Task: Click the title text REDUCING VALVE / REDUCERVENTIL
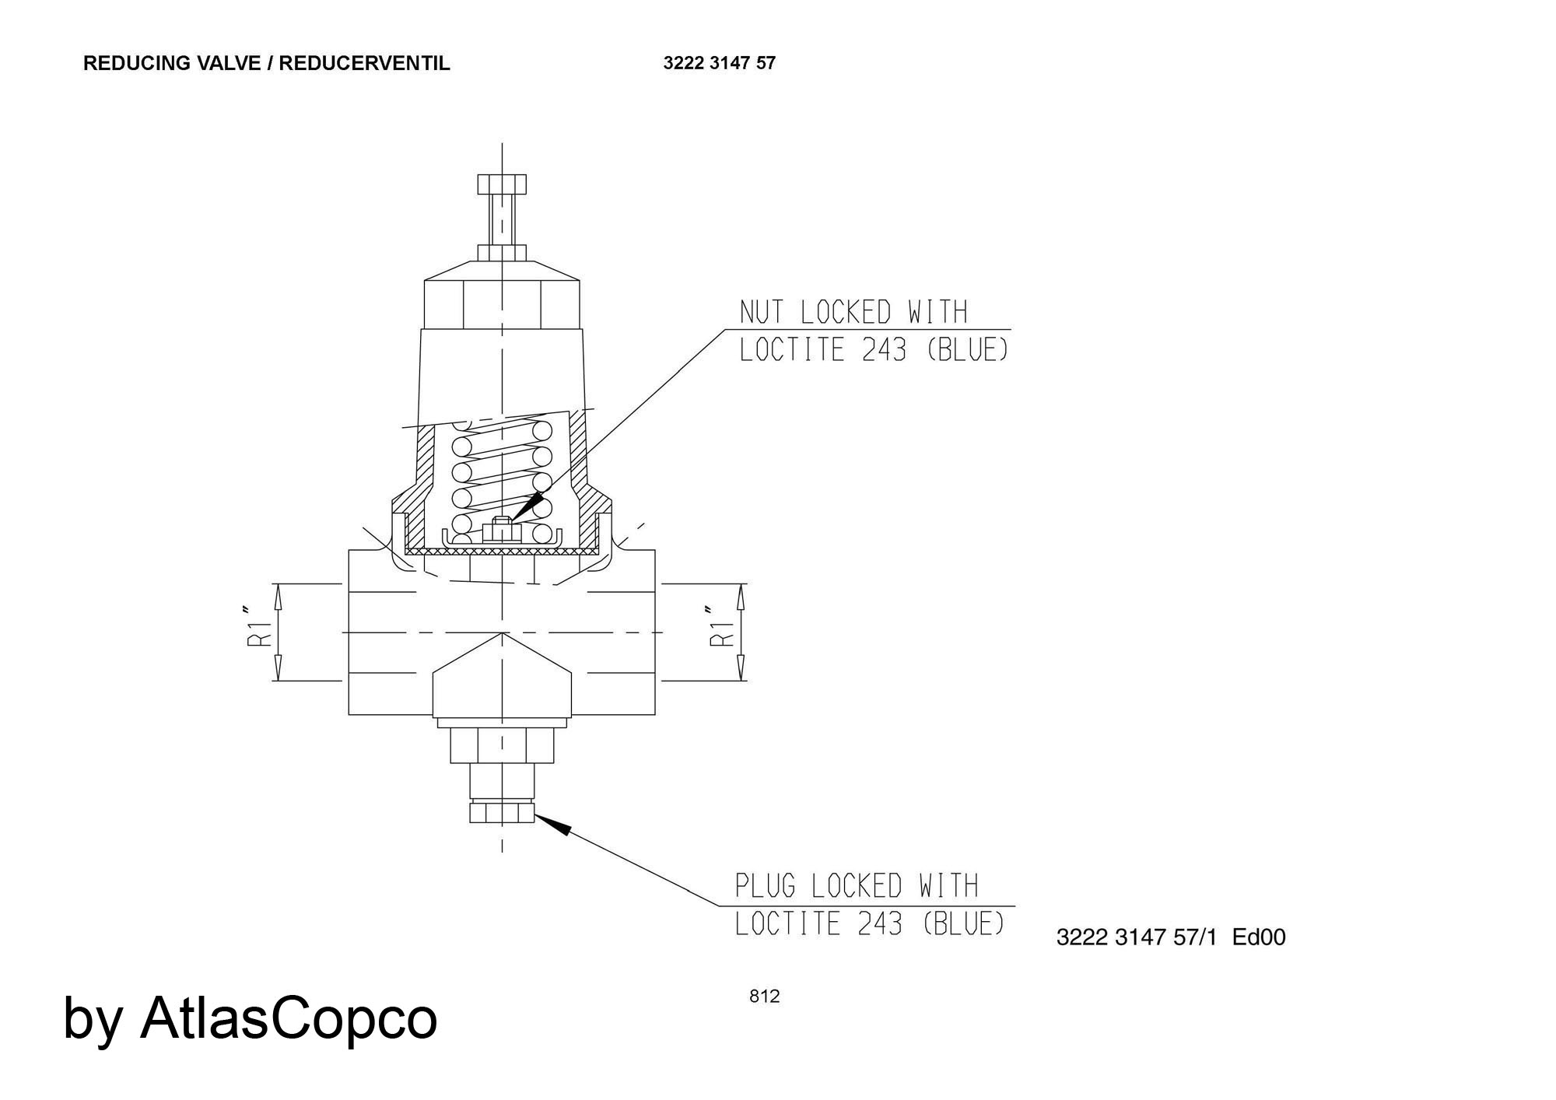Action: tap(267, 64)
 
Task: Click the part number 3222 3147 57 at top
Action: tap(720, 64)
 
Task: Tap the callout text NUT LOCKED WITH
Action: tap(853, 313)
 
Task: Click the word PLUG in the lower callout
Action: tap(766, 886)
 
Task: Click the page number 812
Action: tap(764, 997)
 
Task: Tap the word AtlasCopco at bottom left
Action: tap(289, 1018)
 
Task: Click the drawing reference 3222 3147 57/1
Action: tap(1136, 937)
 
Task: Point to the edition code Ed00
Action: tap(1259, 937)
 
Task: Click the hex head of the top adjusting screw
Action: tap(502, 184)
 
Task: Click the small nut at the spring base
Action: tap(502, 530)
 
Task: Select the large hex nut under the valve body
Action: tap(502, 745)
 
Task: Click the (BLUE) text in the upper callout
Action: tap(968, 350)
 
